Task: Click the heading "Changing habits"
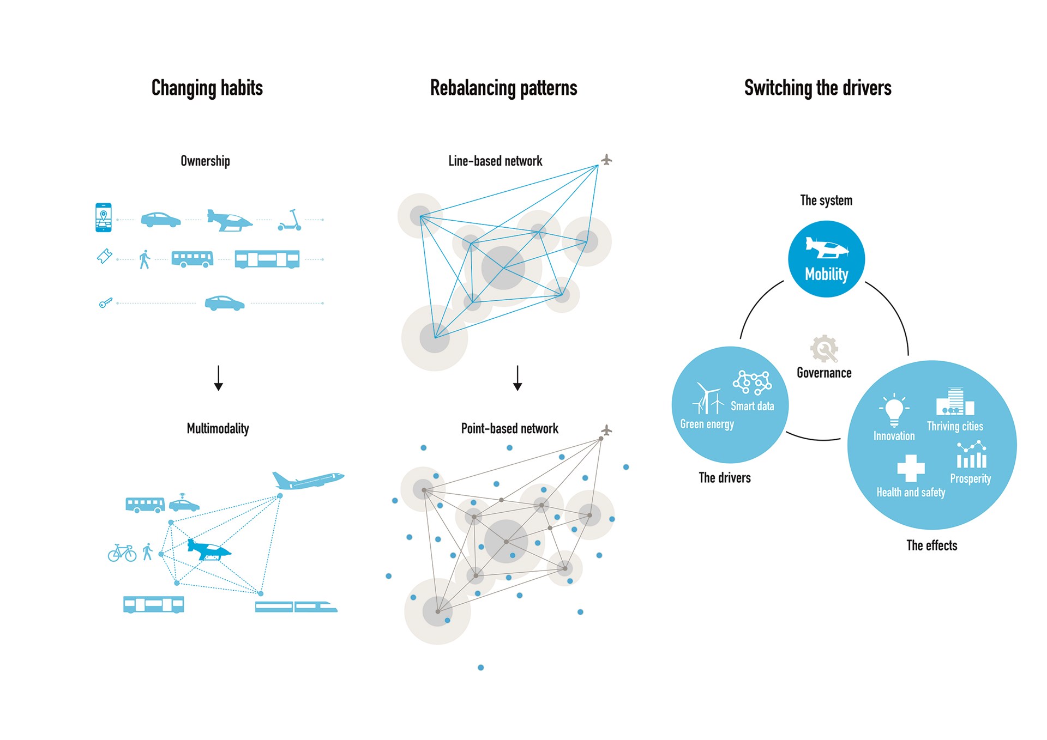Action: click(207, 88)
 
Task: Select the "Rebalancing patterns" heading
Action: click(503, 88)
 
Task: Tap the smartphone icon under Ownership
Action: click(104, 217)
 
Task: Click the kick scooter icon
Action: click(290, 220)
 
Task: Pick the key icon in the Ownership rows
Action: click(106, 302)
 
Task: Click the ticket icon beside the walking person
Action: click(104, 256)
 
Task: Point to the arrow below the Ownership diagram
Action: click(219, 378)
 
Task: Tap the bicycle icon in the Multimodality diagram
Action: click(122, 553)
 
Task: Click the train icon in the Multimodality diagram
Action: click(296, 606)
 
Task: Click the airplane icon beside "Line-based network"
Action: click(606, 160)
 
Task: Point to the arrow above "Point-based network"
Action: click(518, 378)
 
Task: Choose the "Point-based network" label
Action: click(510, 429)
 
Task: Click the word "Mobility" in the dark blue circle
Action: click(827, 274)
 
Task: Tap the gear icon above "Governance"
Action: click(824, 349)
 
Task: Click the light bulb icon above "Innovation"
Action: click(894, 410)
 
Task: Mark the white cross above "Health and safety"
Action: click(911, 468)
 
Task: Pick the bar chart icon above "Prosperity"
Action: click(971, 455)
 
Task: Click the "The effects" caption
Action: click(932, 545)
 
